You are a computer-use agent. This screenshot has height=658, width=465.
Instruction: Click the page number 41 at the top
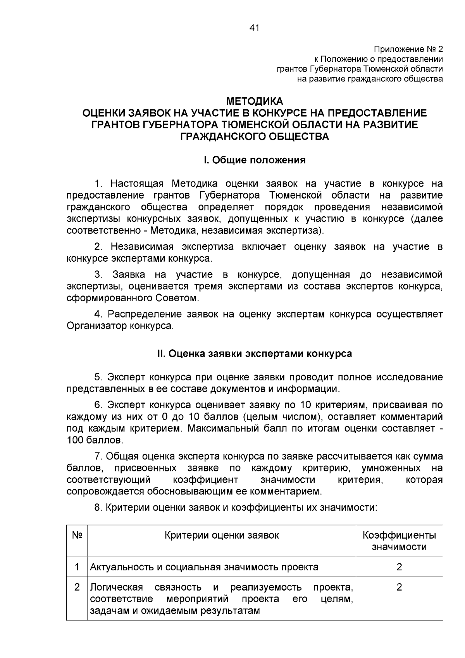[254, 28]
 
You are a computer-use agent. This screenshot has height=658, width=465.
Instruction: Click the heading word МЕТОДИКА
[255, 102]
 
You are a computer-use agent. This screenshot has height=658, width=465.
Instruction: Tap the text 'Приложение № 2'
[408, 49]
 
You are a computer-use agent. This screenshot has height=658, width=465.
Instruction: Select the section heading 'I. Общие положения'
[255, 160]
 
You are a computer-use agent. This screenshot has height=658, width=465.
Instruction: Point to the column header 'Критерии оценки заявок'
[222, 535]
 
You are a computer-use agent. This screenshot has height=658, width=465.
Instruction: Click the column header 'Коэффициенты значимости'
[399, 541]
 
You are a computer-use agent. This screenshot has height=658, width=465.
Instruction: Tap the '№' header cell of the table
[77, 535]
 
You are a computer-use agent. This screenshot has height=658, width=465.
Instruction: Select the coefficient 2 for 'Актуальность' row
[399, 567]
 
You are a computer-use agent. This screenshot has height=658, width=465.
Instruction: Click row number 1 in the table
[77, 567]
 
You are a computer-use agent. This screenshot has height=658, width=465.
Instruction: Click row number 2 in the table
[77, 587]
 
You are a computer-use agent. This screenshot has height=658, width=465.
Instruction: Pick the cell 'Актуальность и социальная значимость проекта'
[204, 567]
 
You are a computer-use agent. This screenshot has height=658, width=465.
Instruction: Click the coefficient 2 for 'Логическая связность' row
[399, 587]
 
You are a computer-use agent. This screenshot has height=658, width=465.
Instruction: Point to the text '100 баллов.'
[95, 441]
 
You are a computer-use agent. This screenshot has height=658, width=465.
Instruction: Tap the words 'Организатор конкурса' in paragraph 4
[119, 326]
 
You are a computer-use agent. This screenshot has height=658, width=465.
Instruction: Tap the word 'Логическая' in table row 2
[116, 587]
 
